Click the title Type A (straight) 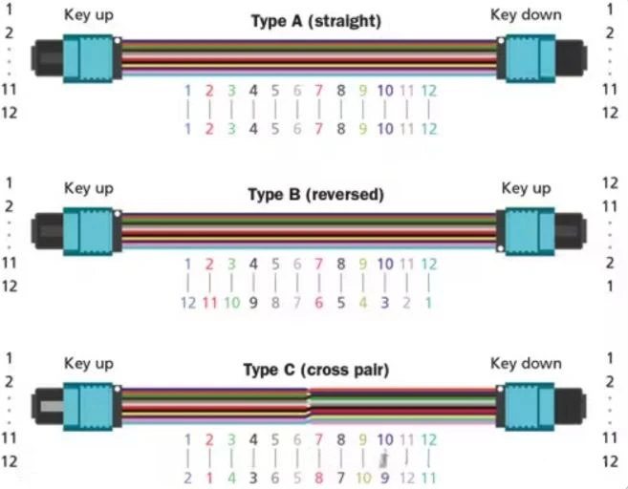[x=316, y=21]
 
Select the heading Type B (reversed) [x=316, y=195]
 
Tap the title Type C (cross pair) [x=316, y=371]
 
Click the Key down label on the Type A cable [x=526, y=15]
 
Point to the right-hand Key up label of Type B [x=527, y=188]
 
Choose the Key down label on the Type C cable [x=526, y=364]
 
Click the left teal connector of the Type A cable [x=88, y=58]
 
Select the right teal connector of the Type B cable [x=530, y=232]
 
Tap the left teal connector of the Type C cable [x=88, y=407]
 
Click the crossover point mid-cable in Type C [x=309, y=405]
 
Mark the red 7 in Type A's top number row [x=318, y=91]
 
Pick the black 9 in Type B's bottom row [x=253, y=303]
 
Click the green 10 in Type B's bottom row [x=232, y=303]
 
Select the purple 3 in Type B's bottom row [x=384, y=303]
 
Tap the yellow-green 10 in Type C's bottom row [x=363, y=478]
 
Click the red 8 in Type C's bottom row [x=318, y=478]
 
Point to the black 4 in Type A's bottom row [x=253, y=129]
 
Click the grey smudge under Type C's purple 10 [x=384, y=459]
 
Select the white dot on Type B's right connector [x=500, y=248]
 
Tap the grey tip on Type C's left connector [x=52, y=406]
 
